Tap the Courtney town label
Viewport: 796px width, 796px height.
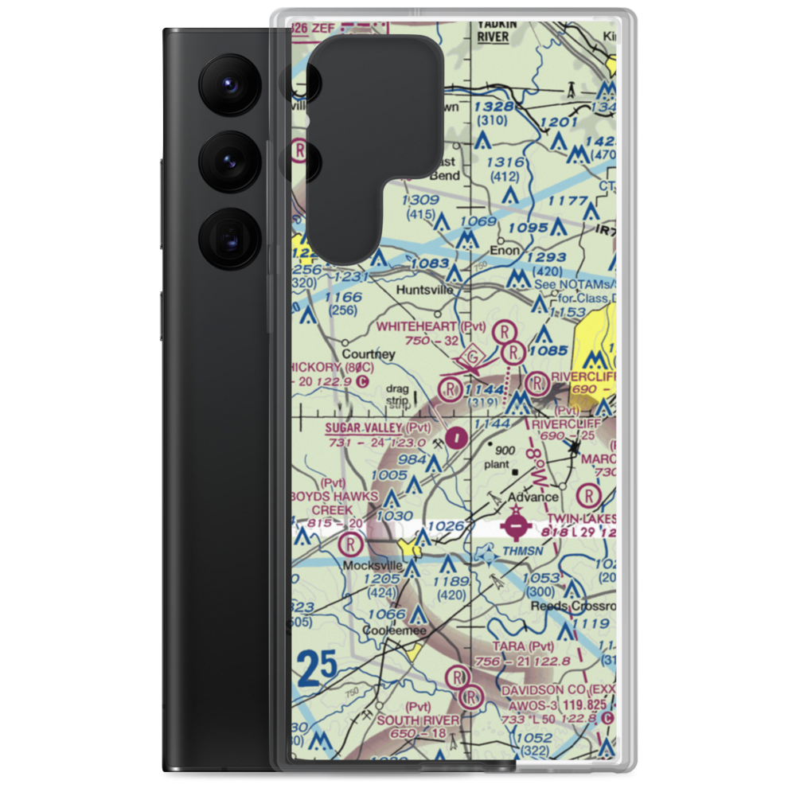[369, 353]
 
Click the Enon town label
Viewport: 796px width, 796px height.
[505, 251]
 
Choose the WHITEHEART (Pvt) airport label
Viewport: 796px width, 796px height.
[431, 326]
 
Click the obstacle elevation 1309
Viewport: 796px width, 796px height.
[420, 200]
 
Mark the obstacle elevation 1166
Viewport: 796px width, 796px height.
[343, 298]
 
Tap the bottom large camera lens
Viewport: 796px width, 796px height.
[227, 237]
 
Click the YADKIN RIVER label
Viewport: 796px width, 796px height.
[497, 29]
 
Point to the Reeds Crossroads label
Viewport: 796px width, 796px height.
[572, 606]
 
